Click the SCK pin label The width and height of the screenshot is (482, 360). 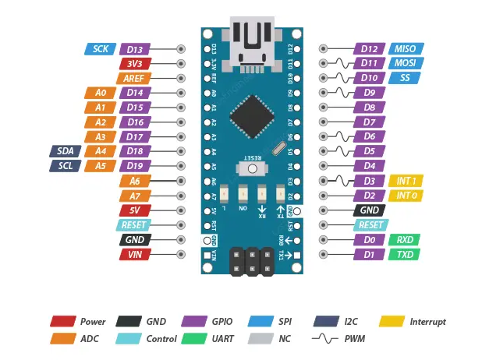click(x=100, y=48)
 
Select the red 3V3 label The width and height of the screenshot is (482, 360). click(x=135, y=63)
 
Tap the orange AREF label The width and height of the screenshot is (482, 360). click(x=133, y=78)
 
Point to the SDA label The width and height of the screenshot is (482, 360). click(x=66, y=151)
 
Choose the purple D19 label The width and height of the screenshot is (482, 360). click(x=135, y=166)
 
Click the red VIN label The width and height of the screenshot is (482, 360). click(x=135, y=255)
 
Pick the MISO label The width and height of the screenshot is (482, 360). click(x=405, y=48)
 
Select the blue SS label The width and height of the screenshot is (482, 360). click(x=405, y=78)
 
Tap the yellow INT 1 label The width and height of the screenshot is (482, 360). click(x=405, y=181)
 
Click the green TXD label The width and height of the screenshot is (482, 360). click(x=405, y=255)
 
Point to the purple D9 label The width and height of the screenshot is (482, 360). click(x=370, y=92)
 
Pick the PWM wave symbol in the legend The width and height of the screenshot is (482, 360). click(x=324, y=339)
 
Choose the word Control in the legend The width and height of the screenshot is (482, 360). click(x=161, y=339)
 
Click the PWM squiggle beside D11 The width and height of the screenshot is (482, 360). click(x=337, y=63)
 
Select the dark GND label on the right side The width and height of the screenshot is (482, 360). click(x=370, y=210)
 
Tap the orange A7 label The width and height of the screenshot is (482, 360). click(x=135, y=196)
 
